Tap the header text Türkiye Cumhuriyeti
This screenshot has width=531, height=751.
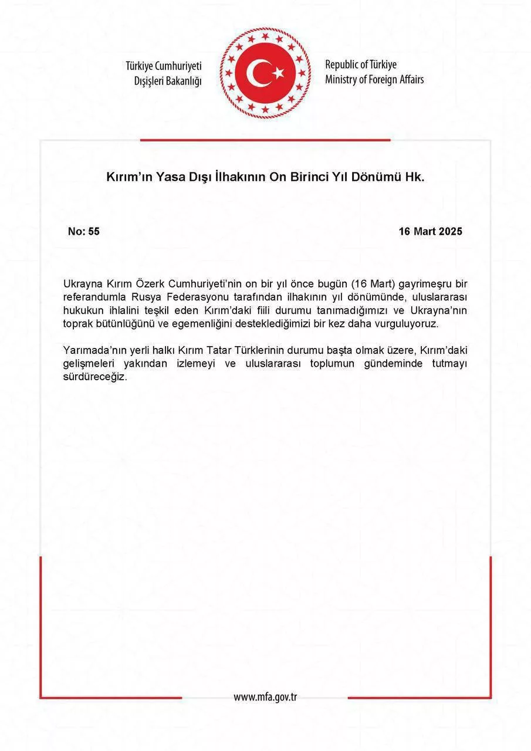coord(163,66)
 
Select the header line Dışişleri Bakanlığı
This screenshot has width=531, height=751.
coord(167,81)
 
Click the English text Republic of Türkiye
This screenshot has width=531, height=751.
coord(361,65)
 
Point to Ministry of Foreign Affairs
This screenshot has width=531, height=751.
coord(374,79)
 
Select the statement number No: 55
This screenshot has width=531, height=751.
coord(84,232)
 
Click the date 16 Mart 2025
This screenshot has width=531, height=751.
coord(430,232)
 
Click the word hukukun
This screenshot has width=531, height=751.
coord(82,311)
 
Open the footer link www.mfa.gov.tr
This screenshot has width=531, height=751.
coord(265,697)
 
